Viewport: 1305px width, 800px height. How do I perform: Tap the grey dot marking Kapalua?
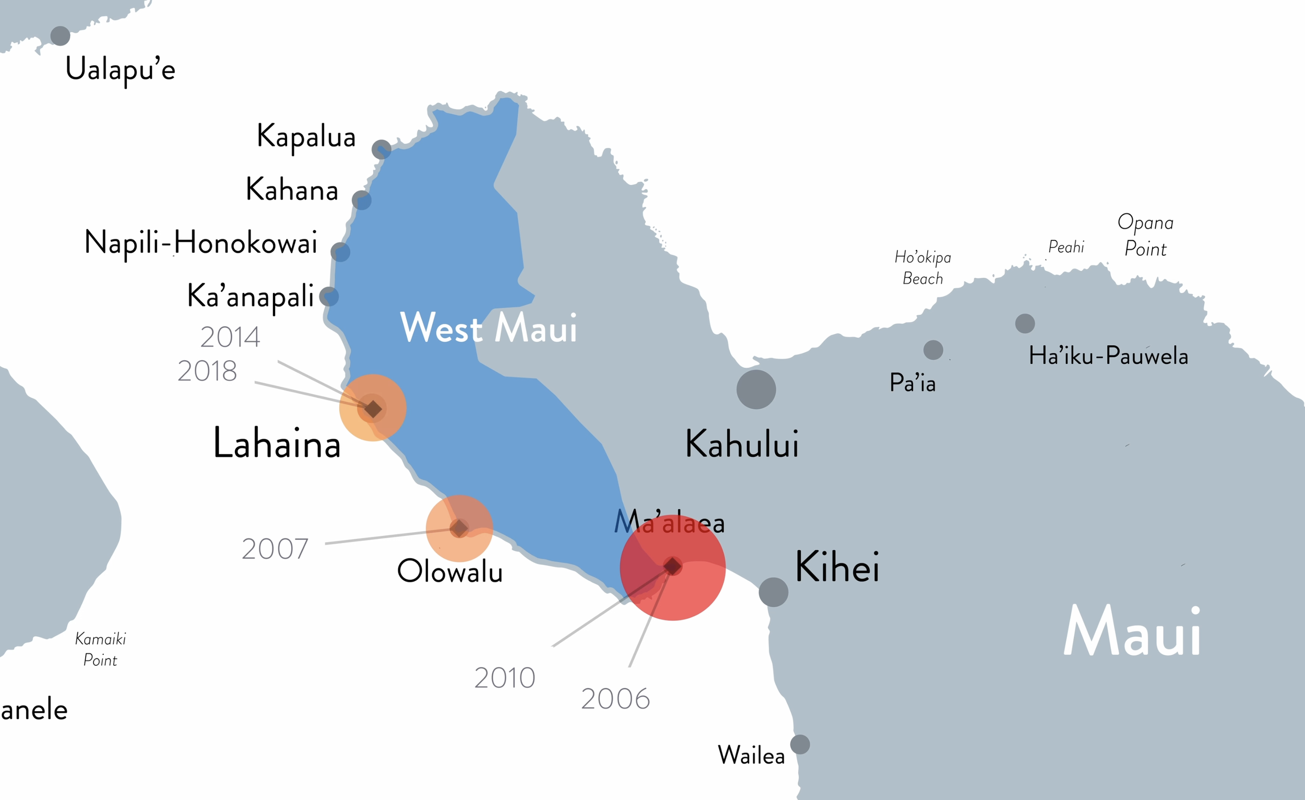pyautogui.click(x=382, y=149)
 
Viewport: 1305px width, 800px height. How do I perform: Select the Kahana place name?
pyautogui.click(x=292, y=190)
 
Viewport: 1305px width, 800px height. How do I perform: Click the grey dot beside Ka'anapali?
pyautogui.click(x=329, y=297)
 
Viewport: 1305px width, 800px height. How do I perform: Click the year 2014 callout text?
pyautogui.click(x=230, y=337)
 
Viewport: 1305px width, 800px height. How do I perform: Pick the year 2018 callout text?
pyautogui.click(x=207, y=371)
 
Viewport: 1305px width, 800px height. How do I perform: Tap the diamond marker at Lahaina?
pyautogui.click(x=373, y=409)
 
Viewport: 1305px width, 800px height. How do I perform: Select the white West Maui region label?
pyautogui.click(x=488, y=328)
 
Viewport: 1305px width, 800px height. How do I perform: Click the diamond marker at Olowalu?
pyautogui.click(x=459, y=528)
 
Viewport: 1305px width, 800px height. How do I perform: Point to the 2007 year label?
pyautogui.click(x=275, y=549)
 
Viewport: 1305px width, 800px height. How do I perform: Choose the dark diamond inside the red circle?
pyautogui.click(x=672, y=566)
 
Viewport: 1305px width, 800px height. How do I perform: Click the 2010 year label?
pyautogui.click(x=505, y=678)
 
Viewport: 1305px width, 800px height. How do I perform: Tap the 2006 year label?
pyautogui.click(x=615, y=699)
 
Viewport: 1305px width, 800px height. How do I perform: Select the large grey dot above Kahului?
pyautogui.click(x=756, y=390)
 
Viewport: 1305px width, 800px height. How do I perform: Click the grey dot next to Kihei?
pyautogui.click(x=773, y=592)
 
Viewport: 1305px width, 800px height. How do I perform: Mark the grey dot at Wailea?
pyautogui.click(x=800, y=744)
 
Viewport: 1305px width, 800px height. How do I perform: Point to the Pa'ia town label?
pyautogui.click(x=912, y=383)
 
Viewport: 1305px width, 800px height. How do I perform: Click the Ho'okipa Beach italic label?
pyautogui.click(x=922, y=267)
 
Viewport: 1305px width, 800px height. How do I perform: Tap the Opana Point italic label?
pyautogui.click(x=1146, y=235)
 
